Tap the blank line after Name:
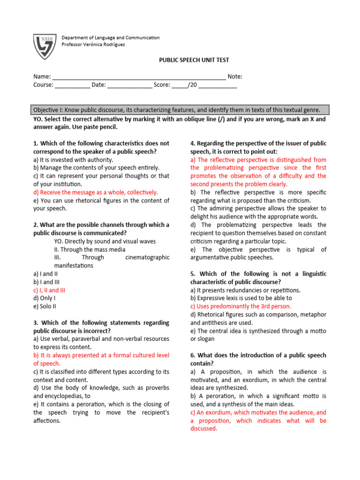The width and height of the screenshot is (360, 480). click(139, 77)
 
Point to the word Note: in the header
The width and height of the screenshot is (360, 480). click(235, 77)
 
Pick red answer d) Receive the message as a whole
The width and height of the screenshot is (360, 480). click(96, 192)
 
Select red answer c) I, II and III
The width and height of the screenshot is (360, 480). click(49, 290)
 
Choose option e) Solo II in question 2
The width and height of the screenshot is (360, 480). click(46, 306)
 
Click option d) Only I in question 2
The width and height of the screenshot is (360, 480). click(45, 298)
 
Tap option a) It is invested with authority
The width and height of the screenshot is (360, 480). click(74, 159)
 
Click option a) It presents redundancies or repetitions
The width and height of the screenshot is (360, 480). click(245, 290)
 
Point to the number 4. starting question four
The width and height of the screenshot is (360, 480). click(193, 143)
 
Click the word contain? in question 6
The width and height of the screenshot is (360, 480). click(202, 363)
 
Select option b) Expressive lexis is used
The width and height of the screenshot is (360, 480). click(241, 298)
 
